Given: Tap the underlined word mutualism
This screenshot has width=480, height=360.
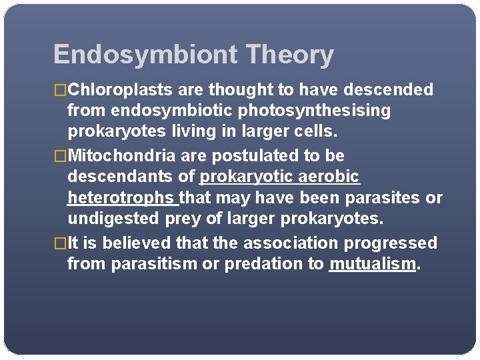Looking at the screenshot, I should coord(372,264).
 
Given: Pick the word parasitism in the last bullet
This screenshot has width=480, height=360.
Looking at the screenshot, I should coord(154,264).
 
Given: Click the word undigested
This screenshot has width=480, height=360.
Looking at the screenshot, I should coord(113,218).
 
